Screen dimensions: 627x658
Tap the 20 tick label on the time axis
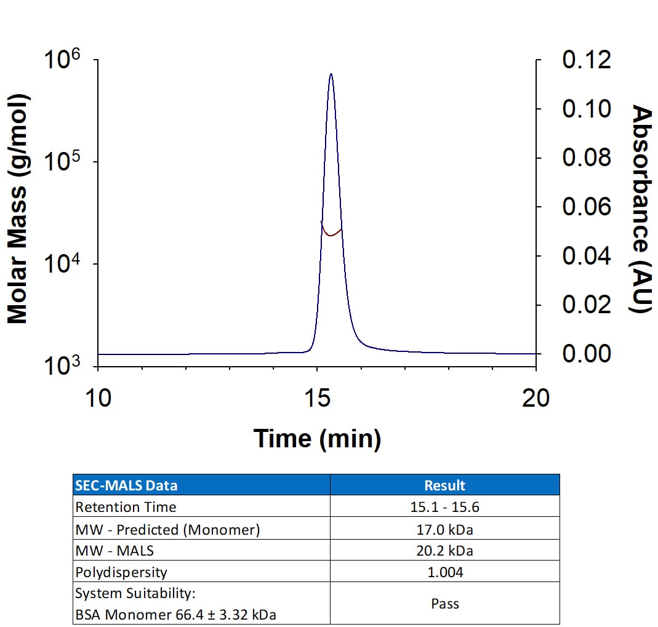536,398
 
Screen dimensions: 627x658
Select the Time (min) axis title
317,438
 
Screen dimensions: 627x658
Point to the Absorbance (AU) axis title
641,209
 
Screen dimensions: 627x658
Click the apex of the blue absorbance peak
331,74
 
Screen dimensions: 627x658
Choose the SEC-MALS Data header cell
126,485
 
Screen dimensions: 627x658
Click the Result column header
444,485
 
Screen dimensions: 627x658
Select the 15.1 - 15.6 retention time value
444,507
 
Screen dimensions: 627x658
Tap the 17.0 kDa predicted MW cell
444,529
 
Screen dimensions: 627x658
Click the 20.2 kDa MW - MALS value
444,550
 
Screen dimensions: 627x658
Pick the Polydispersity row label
121,572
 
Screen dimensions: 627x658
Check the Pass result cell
444,603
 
